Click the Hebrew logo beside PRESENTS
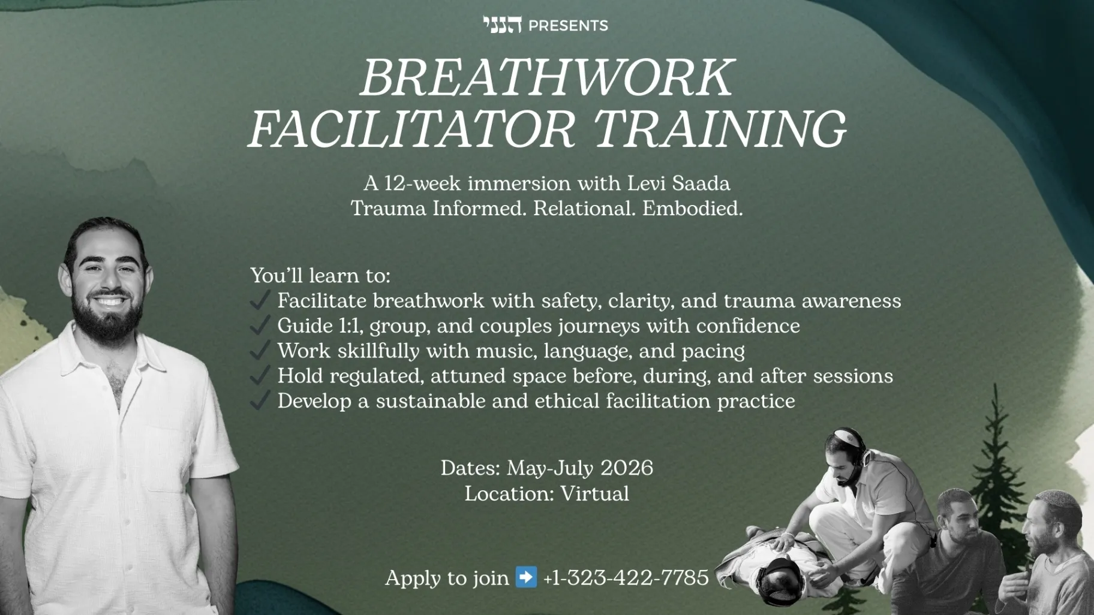[502, 25]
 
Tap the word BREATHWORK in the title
[547, 77]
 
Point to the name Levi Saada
[679, 183]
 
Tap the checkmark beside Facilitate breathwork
[260, 300]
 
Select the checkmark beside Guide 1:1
[260, 325]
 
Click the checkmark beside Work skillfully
[260, 350]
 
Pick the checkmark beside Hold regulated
[260, 375]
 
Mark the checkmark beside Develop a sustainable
[260, 400]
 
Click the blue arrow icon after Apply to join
[527, 577]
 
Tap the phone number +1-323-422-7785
[626, 578]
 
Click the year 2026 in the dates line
[627, 468]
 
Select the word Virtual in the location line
[594, 494]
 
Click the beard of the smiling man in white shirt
[107, 312]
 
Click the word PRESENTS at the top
[568, 26]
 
